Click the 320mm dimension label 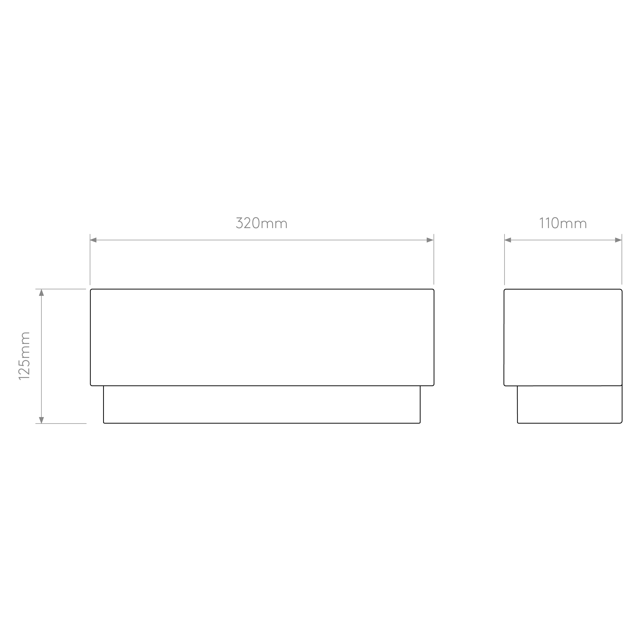tap(262, 223)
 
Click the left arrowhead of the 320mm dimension tap(93, 240)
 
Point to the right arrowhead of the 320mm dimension tap(430, 240)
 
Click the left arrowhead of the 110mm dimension tap(508, 240)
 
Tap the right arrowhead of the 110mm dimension tap(618, 240)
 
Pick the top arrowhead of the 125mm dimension tap(41, 293)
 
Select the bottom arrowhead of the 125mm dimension tap(41, 420)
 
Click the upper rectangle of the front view tap(262, 289)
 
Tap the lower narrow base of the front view tap(262, 423)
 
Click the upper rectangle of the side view tap(563, 289)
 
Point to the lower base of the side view tap(569, 423)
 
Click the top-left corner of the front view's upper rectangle tap(90, 289)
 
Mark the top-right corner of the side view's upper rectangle tap(622, 289)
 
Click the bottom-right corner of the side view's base tap(622, 423)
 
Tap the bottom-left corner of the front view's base tap(104, 423)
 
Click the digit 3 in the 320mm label tap(239, 223)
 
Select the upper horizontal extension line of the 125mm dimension tap(61, 289)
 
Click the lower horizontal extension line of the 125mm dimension tap(61, 423)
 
